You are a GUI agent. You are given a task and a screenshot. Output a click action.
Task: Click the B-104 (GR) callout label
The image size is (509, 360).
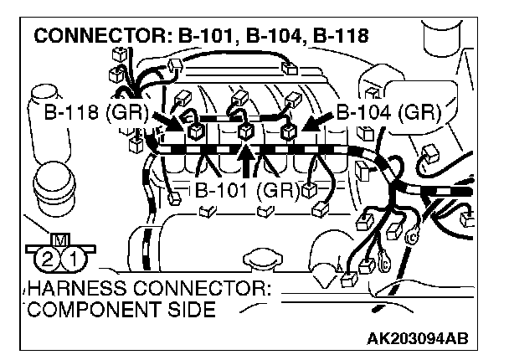point(388,112)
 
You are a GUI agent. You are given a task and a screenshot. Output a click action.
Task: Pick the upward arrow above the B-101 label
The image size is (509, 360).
point(244,157)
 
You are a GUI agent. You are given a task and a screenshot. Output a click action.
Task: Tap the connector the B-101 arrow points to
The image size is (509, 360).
point(244,131)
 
